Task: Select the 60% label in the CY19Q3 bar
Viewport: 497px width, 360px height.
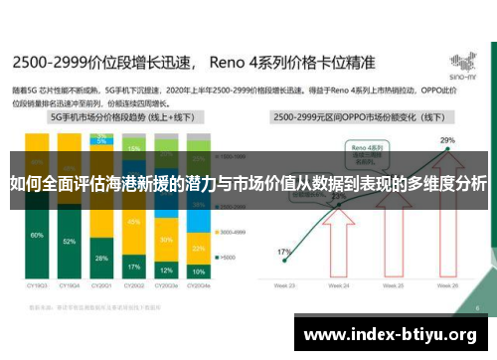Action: point(37,235)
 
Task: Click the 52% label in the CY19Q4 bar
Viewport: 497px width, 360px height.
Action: point(69,242)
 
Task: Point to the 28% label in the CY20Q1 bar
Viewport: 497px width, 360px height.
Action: point(101,258)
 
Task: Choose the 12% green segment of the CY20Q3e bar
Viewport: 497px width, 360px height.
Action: point(166,270)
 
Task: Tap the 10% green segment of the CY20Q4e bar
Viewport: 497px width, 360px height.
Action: point(198,271)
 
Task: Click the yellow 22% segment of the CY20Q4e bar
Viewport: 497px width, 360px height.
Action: point(198,249)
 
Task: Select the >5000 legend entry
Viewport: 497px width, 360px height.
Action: point(227,258)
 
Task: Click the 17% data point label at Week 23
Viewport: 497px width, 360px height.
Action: point(285,253)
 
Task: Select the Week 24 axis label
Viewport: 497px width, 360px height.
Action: point(340,284)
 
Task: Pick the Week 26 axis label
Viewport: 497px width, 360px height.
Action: point(448,284)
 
